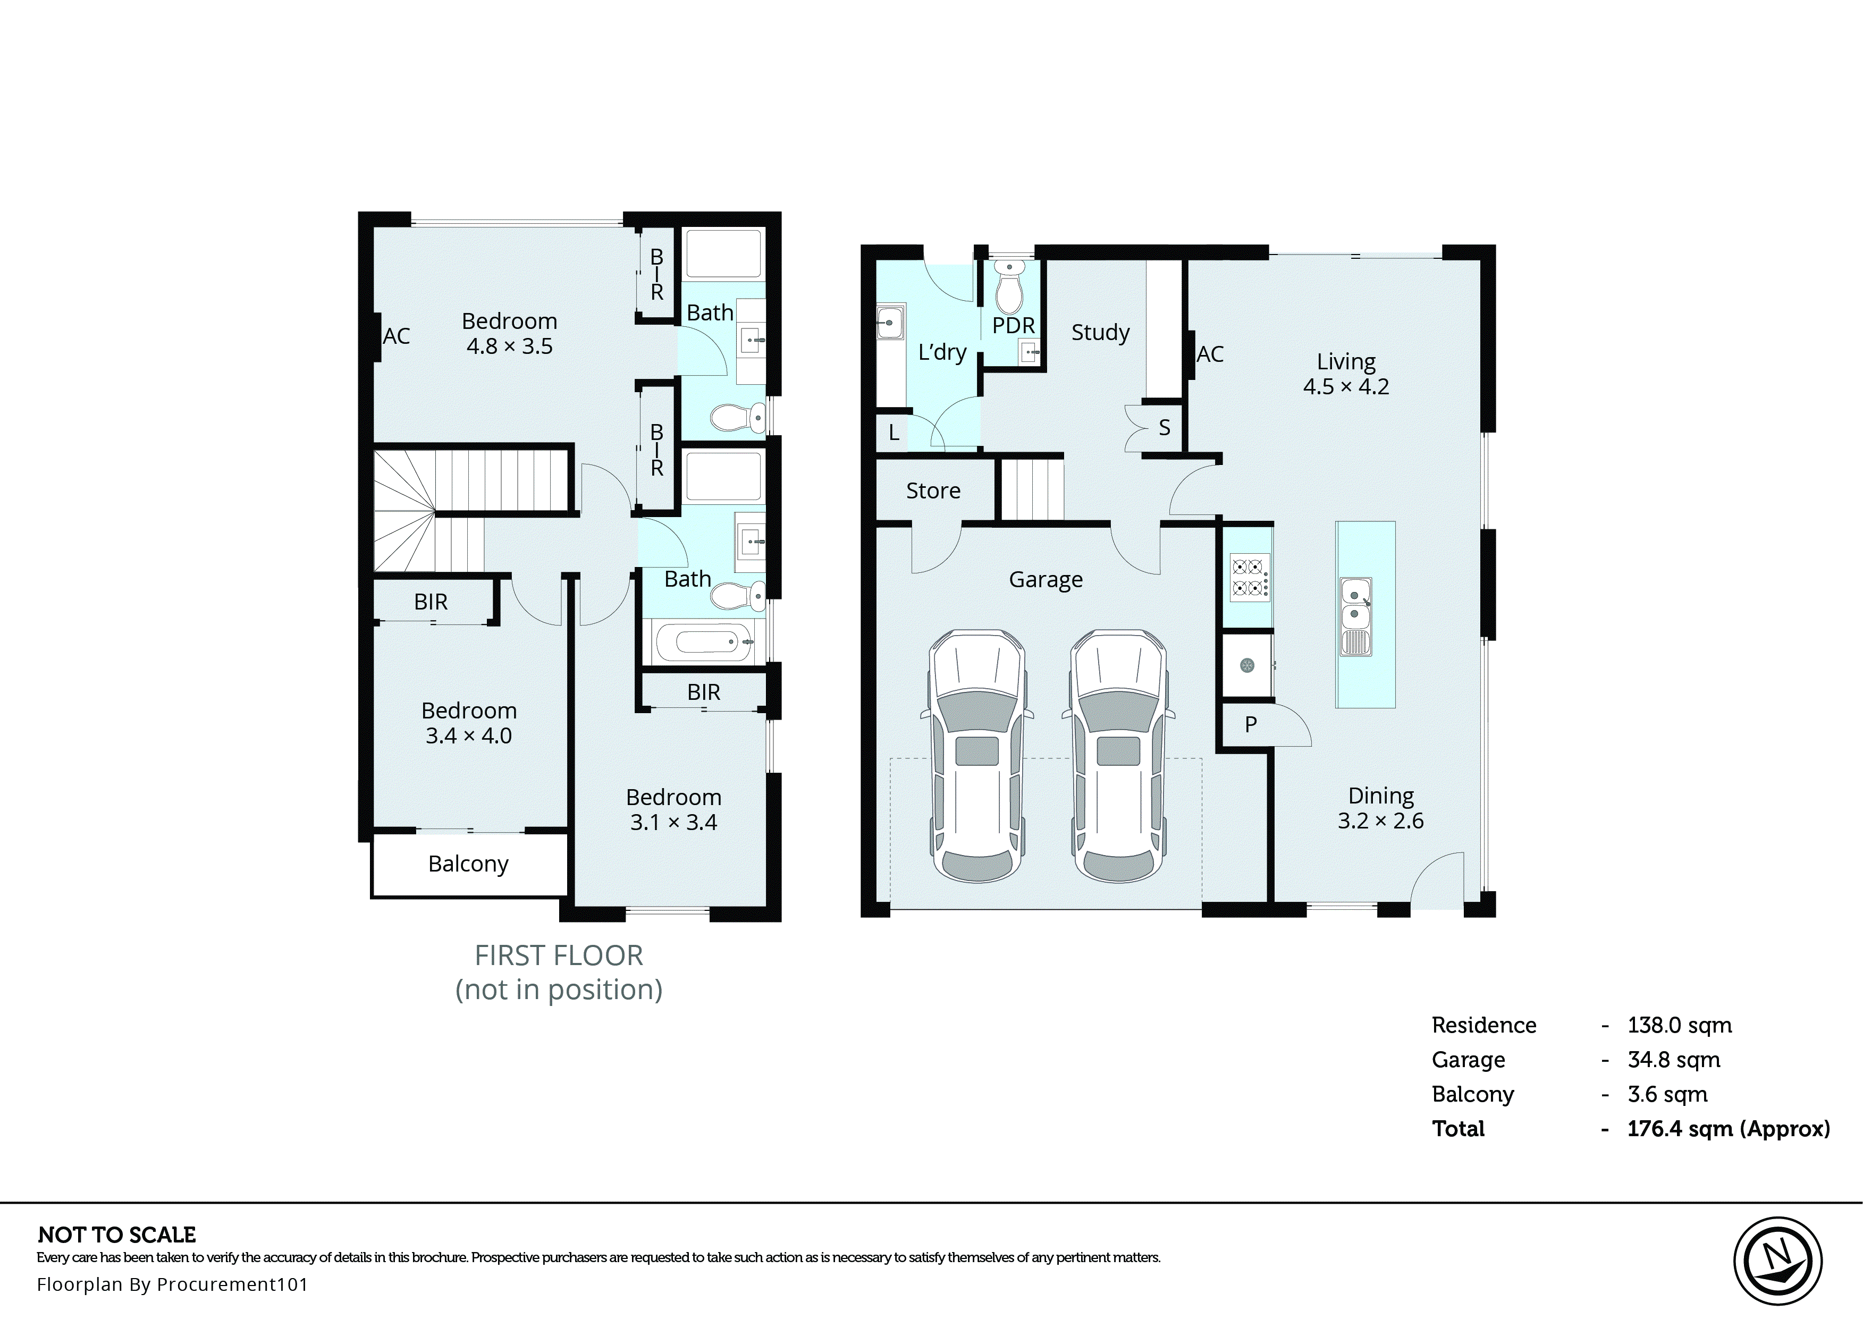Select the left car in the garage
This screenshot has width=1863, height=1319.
click(x=976, y=755)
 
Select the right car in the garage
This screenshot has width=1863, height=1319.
click(x=1117, y=755)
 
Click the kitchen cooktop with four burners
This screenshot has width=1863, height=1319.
click(x=1249, y=577)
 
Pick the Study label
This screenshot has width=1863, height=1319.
click(x=1100, y=332)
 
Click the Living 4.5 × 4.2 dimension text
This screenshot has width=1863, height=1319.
click(x=1346, y=386)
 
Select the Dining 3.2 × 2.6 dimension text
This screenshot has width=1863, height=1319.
click(x=1380, y=821)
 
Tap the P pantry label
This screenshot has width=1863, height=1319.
click(x=1251, y=724)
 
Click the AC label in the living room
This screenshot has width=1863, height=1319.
click(x=1210, y=354)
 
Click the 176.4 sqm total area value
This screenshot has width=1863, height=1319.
click(x=1728, y=1129)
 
